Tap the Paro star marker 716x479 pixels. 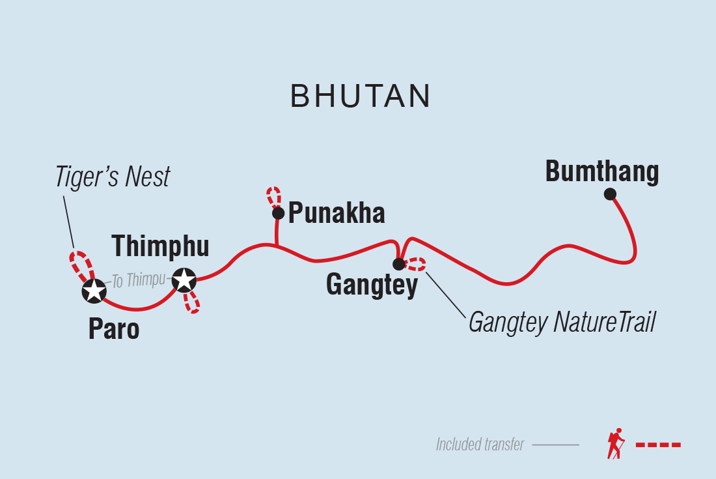tap(94, 291)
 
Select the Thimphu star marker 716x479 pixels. tap(184, 280)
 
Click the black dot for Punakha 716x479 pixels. tap(278, 213)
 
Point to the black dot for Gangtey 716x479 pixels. tap(398, 264)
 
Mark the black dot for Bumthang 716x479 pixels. tap(610, 194)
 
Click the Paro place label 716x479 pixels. tap(114, 330)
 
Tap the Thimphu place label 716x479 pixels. tap(160, 247)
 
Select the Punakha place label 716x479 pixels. tap(337, 213)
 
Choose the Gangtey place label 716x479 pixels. tap(372, 286)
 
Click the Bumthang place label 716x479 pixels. tap(602, 172)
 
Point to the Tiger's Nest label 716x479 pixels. tap(113, 177)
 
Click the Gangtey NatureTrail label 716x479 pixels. tap(561, 322)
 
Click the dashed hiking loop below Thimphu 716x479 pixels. tap(191, 302)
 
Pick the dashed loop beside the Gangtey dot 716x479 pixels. tap(415, 264)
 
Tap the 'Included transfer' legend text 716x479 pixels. tap(480, 445)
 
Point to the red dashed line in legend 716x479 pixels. tap(658, 445)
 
